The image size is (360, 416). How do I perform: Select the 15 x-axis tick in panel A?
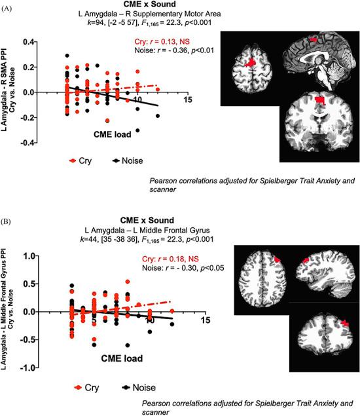point(188,100)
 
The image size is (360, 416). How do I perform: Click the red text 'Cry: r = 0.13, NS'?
point(194,45)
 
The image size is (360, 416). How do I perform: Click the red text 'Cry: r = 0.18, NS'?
point(195,256)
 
